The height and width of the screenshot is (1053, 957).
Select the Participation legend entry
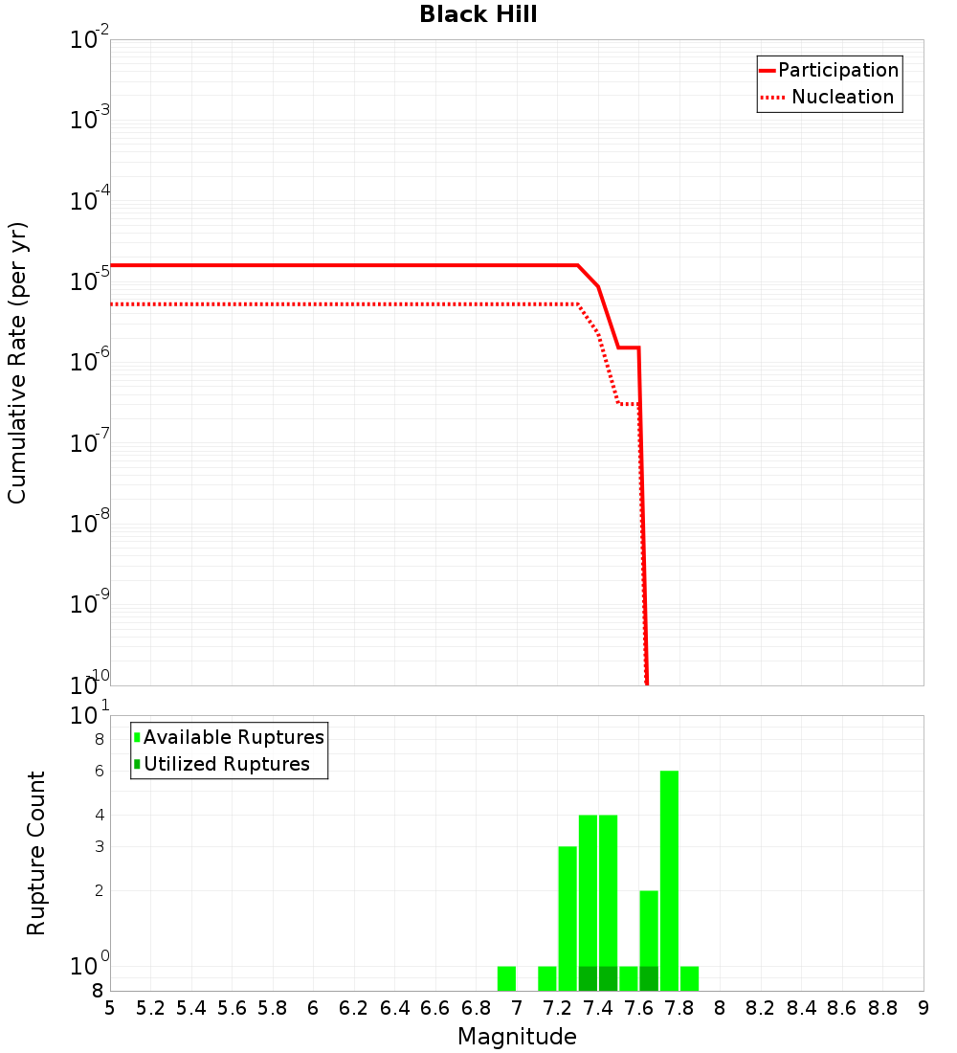click(829, 71)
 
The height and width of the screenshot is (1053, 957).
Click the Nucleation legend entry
click(829, 98)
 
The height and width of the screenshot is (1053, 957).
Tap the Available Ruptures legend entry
click(230, 737)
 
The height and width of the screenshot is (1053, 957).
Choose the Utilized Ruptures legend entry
click(222, 764)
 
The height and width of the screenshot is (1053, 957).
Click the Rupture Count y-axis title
click(36, 852)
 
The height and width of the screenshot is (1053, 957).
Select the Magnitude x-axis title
click(517, 1037)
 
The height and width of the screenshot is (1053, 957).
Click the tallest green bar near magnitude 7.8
click(669, 881)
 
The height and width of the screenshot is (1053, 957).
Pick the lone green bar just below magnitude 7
click(506, 978)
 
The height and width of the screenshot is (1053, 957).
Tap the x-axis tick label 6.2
click(354, 1009)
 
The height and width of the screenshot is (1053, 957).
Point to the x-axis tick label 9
click(924, 1009)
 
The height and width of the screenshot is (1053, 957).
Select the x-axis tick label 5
click(110, 1009)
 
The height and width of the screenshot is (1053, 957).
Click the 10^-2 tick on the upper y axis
click(90, 40)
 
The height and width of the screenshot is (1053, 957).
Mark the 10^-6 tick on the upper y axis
click(90, 362)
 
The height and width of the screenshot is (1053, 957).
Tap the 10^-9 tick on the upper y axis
click(90, 604)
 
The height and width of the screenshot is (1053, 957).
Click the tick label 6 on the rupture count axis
click(98, 772)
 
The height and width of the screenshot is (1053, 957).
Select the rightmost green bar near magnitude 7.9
click(689, 978)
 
